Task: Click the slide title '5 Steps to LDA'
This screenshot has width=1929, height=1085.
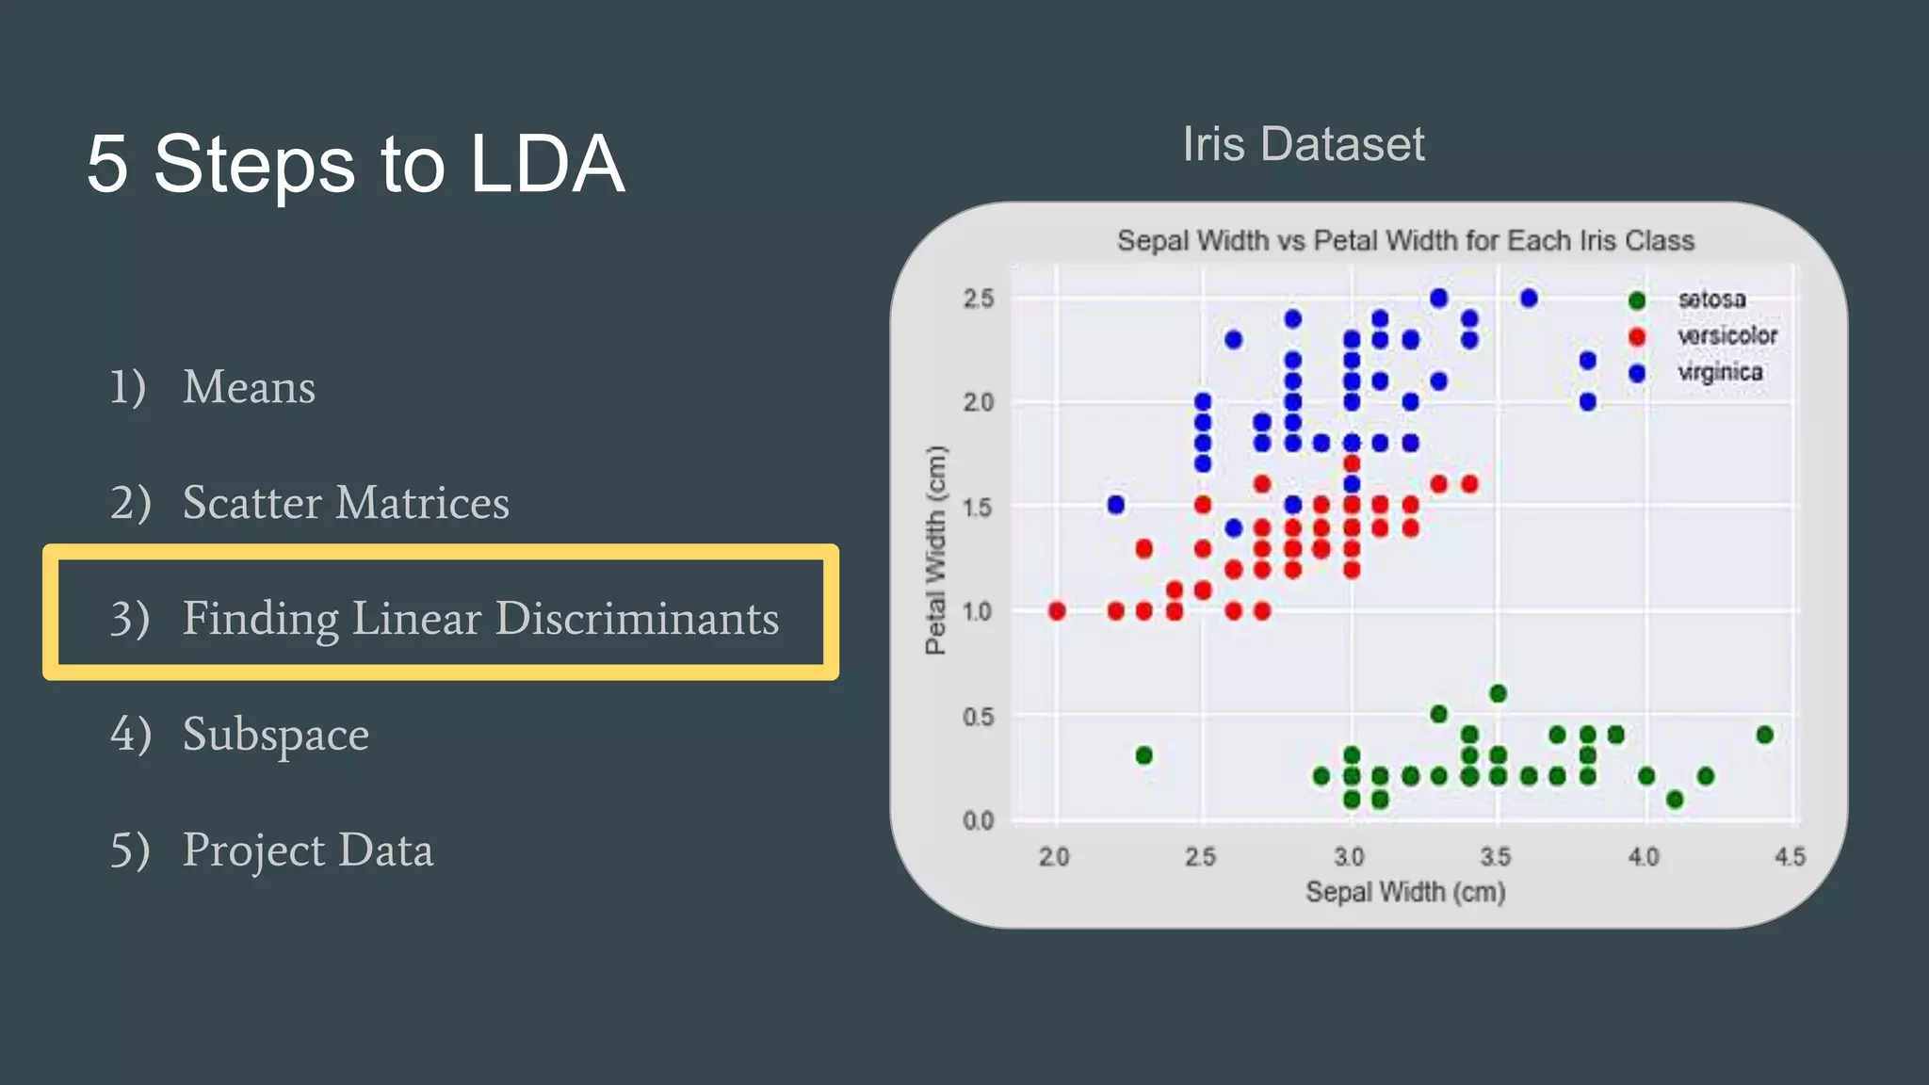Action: point(355,164)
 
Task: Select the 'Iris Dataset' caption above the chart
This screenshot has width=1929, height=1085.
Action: point(1303,144)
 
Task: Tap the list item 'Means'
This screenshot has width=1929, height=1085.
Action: point(249,386)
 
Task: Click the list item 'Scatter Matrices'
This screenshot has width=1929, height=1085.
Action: point(345,502)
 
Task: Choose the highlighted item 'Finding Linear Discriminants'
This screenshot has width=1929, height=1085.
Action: point(480,618)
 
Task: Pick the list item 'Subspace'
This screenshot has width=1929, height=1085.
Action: point(275,734)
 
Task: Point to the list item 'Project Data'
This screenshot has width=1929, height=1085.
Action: point(307,850)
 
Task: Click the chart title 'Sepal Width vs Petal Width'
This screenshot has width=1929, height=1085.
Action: point(1405,241)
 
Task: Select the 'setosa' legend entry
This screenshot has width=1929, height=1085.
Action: point(1710,300)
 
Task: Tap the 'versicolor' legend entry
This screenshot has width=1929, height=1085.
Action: point(1726,336)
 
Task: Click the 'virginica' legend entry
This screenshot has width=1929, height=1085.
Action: point(1719,373)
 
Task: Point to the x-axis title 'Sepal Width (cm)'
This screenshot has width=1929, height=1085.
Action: point(1405,891)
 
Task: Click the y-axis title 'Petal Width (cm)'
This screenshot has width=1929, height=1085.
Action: point(934,550)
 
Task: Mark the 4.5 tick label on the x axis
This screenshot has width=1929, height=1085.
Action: point(1790,857)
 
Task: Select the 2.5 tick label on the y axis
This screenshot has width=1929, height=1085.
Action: point(979,299)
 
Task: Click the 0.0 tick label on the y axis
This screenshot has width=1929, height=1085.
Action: point(979,820)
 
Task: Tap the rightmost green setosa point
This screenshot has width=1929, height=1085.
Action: point(1764,735)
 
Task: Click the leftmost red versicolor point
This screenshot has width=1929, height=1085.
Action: point(1057,611)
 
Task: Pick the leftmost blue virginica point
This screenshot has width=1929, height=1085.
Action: point(1116,505)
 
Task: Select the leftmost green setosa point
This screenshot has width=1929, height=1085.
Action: point(1143,755)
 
